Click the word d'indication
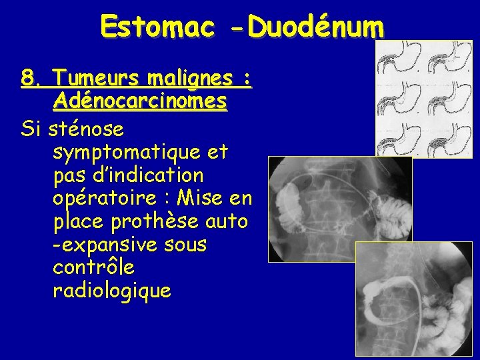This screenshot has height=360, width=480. click(x=163, y=175)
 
